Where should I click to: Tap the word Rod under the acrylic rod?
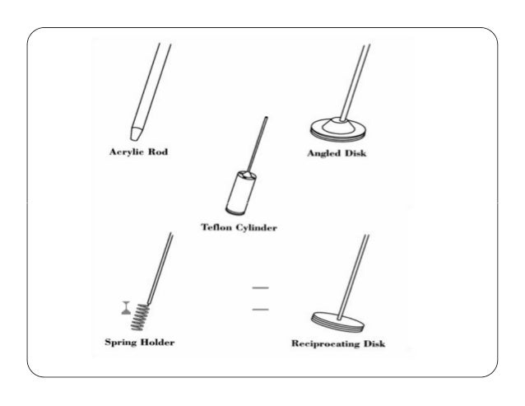tap(156, 152)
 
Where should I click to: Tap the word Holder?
tap(158, 341)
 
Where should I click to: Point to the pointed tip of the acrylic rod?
tap(135, 133)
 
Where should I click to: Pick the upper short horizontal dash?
tap(261, 287)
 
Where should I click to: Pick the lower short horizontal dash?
tap(261, 310)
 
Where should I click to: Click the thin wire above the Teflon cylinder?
tap(259, 144)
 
